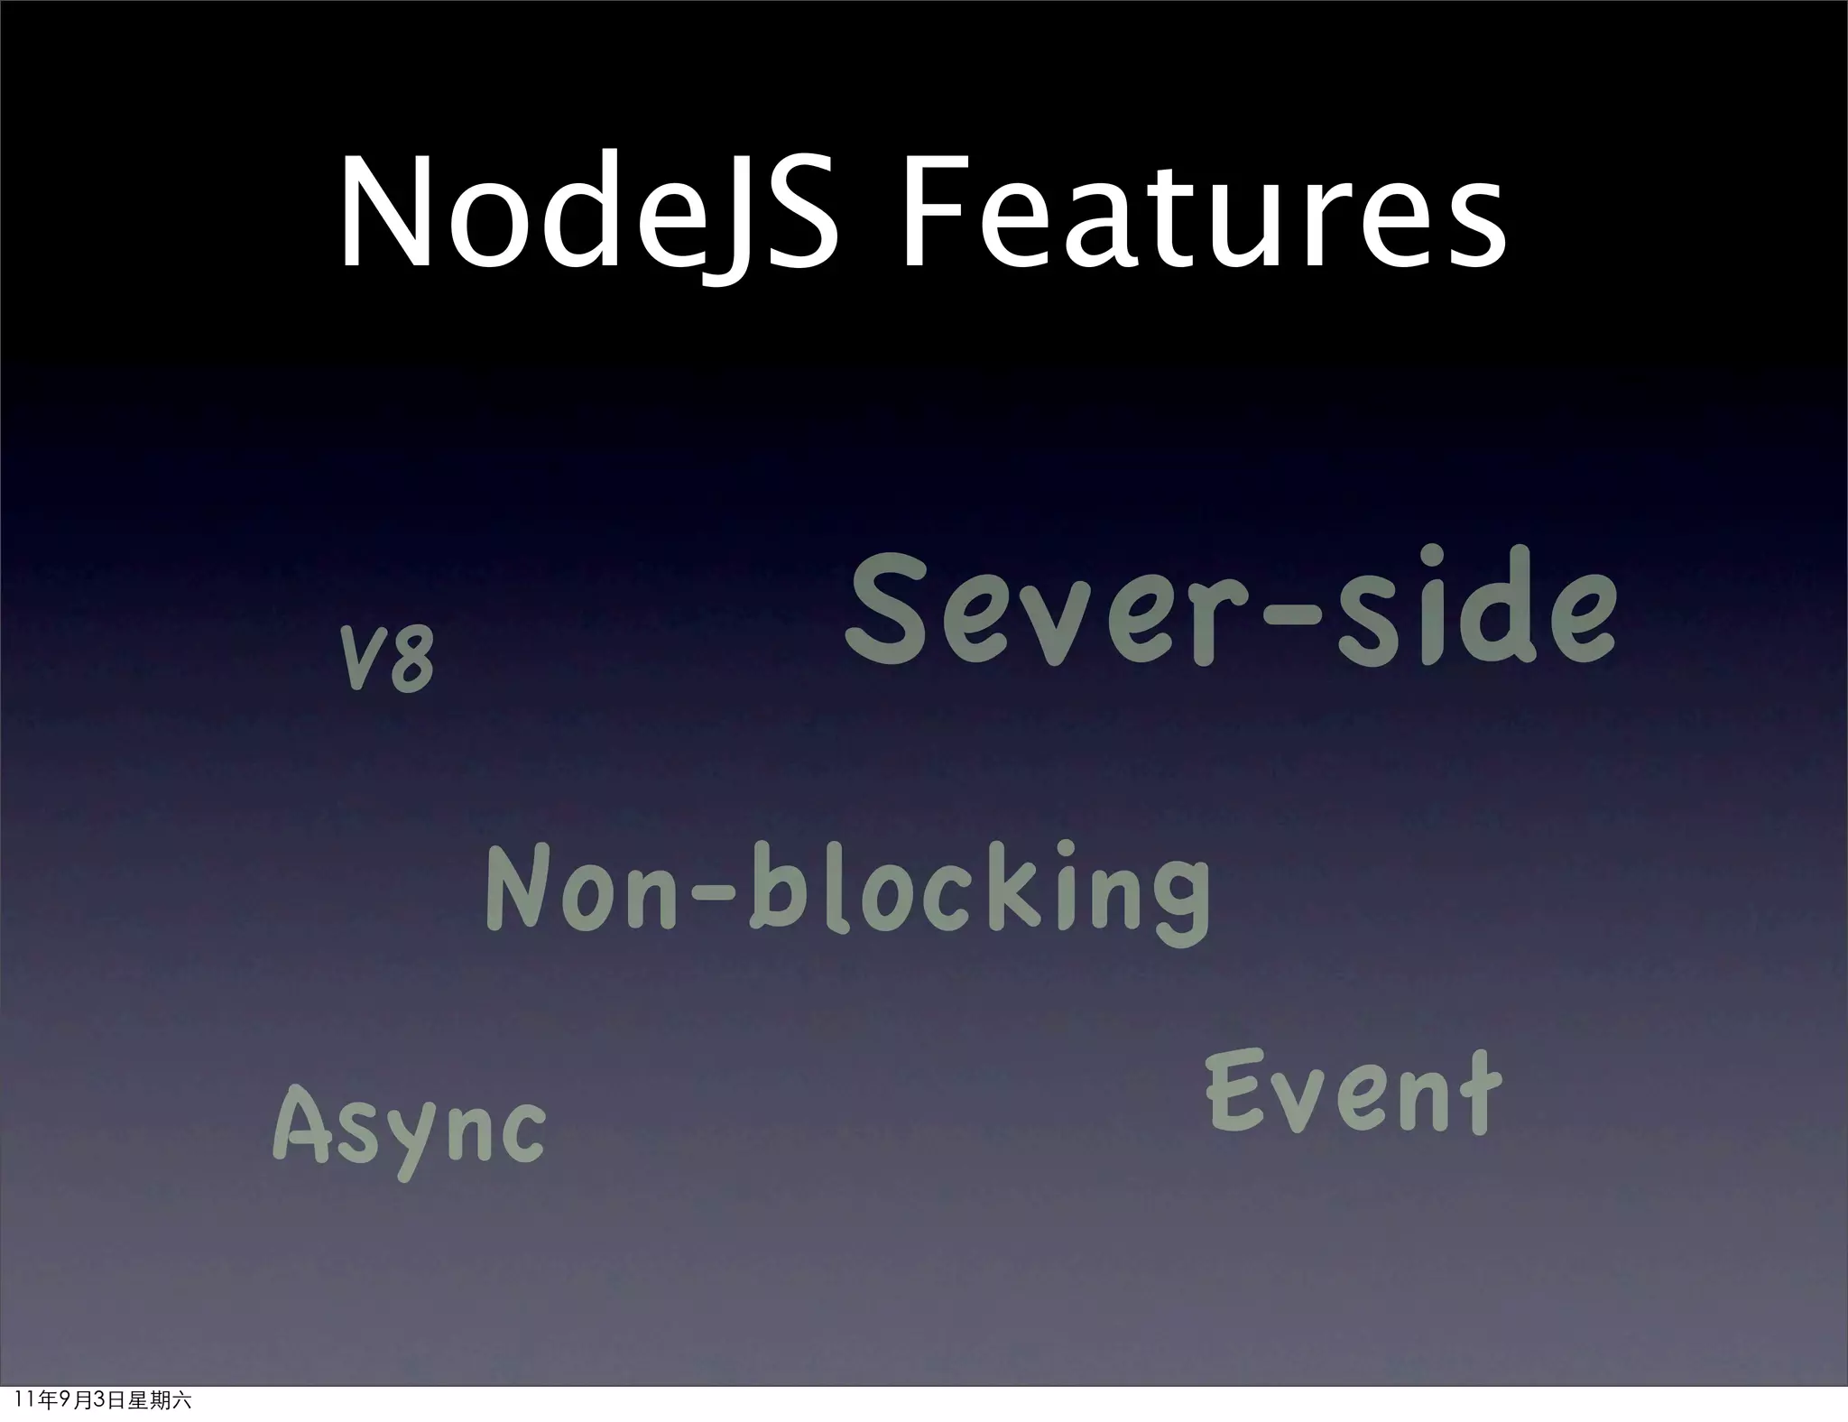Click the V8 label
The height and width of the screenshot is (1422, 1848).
click(387, 660)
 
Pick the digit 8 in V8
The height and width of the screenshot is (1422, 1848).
click(411, 661)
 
